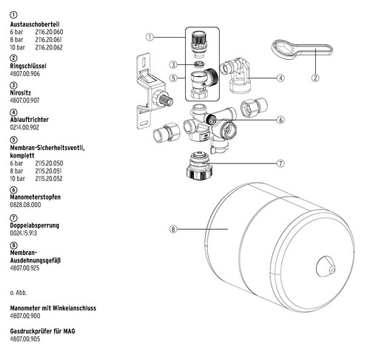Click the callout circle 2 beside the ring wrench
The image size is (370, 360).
click(x=315, y=78)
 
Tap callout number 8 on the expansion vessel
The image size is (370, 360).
click(x=173, y=229)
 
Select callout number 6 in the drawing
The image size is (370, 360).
click(x=280, y=120)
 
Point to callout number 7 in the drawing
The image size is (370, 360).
click(x=280, y=163)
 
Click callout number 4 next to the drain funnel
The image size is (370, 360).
click(x=280, y=78)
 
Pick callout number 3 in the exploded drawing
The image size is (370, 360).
click(x=173, y=65)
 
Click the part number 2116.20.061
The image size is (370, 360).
click(x=48, y=40)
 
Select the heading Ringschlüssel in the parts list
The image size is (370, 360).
click(x=28, y=66)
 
